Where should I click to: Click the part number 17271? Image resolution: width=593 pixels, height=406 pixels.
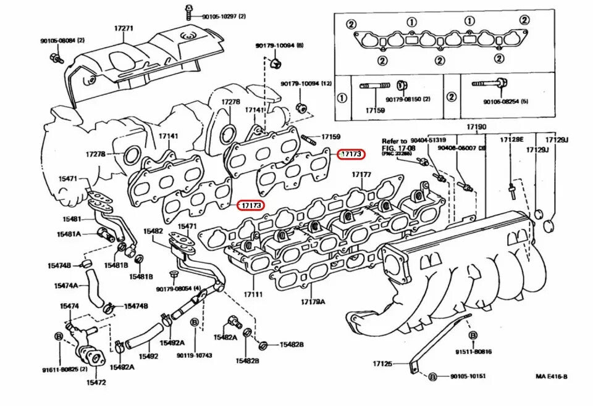[124, 28]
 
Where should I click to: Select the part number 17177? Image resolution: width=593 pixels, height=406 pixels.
[361, 175]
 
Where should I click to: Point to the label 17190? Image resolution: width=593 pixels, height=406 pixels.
[475, 127]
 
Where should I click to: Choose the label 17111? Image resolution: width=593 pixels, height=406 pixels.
[253, 295]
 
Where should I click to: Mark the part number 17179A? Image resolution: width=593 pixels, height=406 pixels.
[313, 302]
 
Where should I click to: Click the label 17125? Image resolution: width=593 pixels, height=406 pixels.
[382, 363]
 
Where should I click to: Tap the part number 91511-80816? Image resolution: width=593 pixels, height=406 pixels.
[474, 352]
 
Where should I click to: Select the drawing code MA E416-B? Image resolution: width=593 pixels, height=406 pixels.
[551, 376]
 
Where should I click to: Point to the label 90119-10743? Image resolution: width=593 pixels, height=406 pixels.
[195, 355]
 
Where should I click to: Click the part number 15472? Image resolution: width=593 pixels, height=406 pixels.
[96, 383]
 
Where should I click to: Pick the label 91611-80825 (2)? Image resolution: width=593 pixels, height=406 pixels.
[65, 370]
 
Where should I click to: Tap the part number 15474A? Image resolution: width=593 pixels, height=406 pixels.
[66, 286]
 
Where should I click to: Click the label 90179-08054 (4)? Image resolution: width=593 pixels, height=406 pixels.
[179, 289]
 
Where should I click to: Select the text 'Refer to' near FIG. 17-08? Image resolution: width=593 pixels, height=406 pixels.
[394, 141]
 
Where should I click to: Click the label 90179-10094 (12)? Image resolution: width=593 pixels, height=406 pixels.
[306, 83]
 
